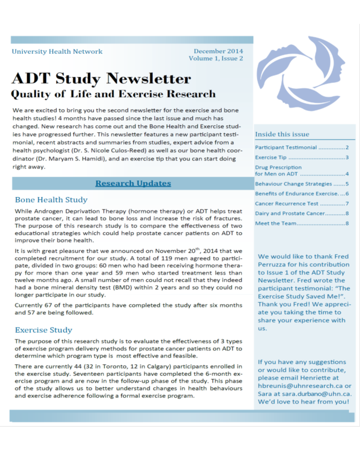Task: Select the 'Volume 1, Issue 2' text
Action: click(216, 59)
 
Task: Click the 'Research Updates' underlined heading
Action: click(133, 183)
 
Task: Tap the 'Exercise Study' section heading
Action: click(44, 330)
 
